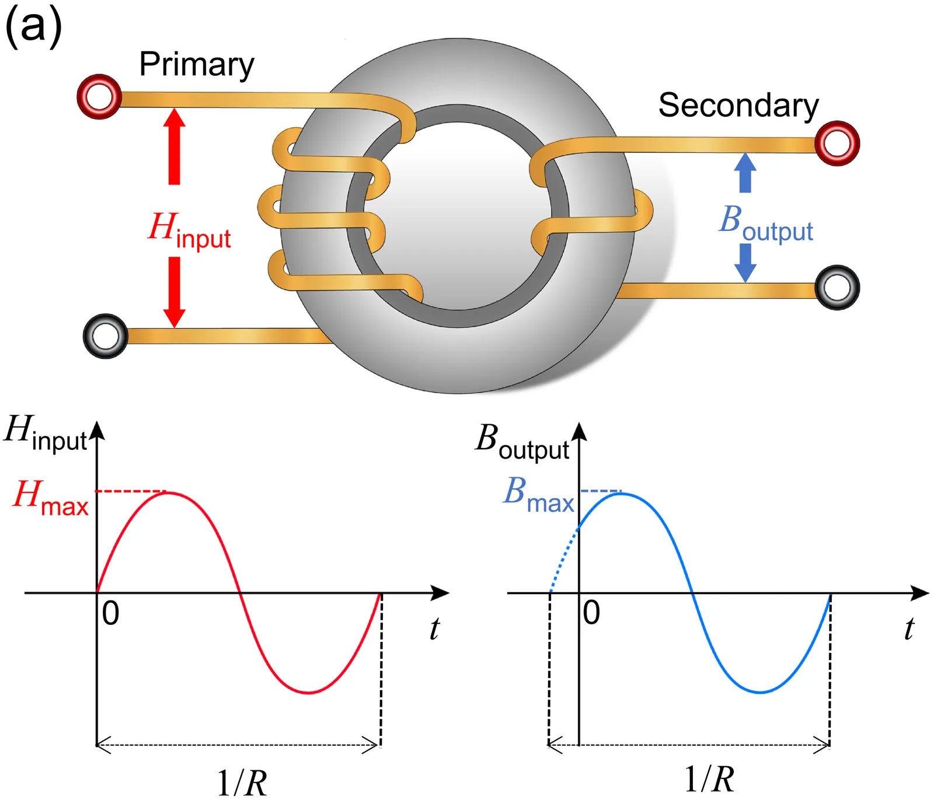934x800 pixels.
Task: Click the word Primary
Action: (196, 65)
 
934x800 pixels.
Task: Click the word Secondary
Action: (738, 106)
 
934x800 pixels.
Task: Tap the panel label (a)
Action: (33, 26)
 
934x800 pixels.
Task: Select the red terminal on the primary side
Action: (99, 97)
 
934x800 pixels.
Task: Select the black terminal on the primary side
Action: (106, 336)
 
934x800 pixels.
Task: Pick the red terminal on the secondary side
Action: (837, 144)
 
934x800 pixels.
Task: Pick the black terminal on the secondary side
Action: (837, 288)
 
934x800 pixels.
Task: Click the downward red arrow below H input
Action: (174, 292)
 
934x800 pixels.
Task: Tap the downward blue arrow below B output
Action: (745, 263)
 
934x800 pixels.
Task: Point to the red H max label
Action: (51, 498)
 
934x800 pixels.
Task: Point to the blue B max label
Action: (538, 495)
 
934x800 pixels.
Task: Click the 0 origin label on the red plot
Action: (110, 613)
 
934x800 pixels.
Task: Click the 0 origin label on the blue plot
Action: (591, 613)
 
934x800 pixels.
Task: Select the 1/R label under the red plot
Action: (242, 782)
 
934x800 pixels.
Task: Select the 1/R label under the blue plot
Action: (709, 779)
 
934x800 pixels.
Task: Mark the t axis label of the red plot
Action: (434, 629)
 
